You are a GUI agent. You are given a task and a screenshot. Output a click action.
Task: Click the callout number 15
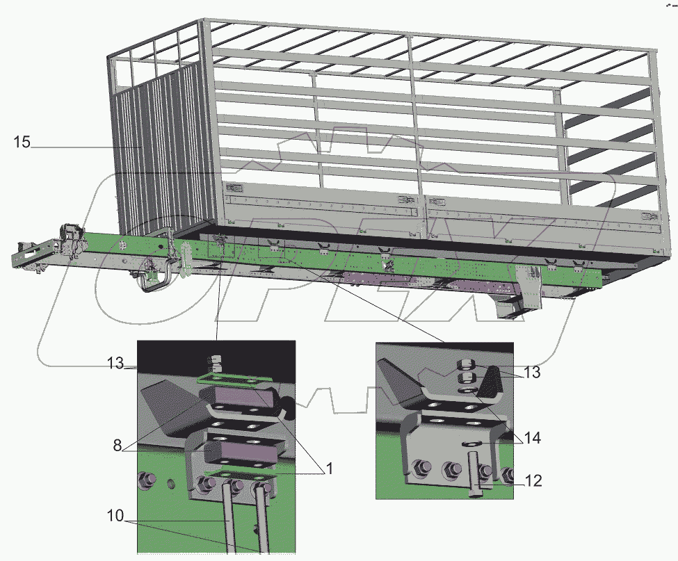point(22,142)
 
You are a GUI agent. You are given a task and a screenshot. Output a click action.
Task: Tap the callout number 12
point(533,480)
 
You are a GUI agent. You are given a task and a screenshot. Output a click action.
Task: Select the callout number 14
point(532,438)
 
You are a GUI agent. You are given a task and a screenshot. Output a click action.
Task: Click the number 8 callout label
point(118,446)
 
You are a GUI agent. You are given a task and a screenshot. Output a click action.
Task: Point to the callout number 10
point(115,516)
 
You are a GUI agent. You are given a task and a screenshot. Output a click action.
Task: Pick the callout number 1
point(330,468)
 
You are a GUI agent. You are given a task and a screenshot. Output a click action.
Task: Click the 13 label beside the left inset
point(115,363)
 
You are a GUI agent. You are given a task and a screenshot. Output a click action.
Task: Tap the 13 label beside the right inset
point(532,372)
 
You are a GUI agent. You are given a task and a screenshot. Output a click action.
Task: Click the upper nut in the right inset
point(466,364)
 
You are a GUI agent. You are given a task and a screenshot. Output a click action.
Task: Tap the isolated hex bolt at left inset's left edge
point(146,479)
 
